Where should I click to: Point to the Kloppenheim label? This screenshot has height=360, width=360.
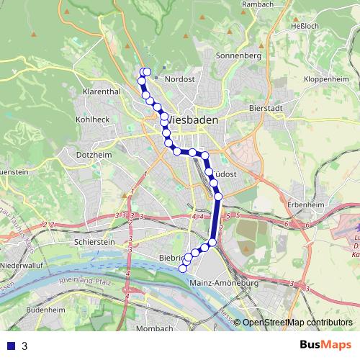click(x=327, y=78)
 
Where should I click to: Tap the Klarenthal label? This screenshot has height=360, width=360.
click(x=101, y=93)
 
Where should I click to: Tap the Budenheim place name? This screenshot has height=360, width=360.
click(x=45, y=308)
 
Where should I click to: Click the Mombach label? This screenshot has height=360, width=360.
click(x=154, y=328)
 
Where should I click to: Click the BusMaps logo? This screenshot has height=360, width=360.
click(x=325, y=346)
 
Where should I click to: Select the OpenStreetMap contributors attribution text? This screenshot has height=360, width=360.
click(x=297, y=323)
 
